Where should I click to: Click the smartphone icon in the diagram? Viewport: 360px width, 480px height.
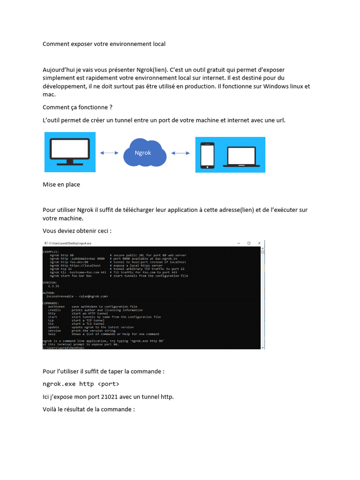[207, 155]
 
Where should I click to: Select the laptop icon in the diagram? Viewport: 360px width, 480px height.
[241, 157]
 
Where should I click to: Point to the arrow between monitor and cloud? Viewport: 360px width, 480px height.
[109, 152]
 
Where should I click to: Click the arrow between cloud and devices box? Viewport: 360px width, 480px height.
[180, 153]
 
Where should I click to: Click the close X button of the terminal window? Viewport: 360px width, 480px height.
[260, 243]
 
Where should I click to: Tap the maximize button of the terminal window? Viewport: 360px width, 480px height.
[249, 243]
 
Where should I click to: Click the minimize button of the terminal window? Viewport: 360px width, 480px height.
[238, 243]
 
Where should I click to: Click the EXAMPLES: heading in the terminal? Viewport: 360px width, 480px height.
[51, 252]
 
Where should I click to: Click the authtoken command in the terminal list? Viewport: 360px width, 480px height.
[56, 307]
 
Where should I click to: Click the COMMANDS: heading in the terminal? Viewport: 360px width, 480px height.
[51, 303]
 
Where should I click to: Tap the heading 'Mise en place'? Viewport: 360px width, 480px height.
[61, 185]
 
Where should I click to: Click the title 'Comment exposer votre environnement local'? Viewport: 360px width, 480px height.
[104, 44]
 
